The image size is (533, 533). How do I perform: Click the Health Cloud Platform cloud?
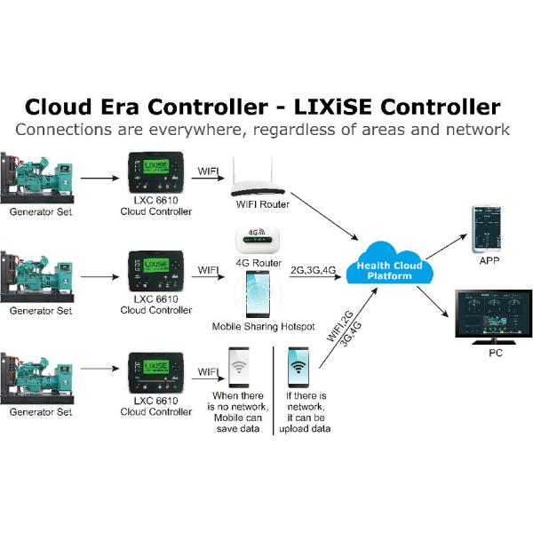pyautogui.click(x=390, y=264)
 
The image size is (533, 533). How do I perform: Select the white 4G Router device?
pyautogui.click(x=258, y=240)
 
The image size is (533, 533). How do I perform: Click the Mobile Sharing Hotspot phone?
pyautogui.click(x=258, y=294)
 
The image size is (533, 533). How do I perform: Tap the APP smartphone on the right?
pyautogui.click(x=487, y=229)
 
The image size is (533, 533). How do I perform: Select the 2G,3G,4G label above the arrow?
pyautogui.click(x=313, y=270)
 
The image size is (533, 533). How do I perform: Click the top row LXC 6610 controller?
pyautogui.click(x=156, y=172)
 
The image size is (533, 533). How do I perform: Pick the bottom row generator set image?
pyautogui.click(x=36, y=378)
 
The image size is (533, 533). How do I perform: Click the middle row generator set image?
pyautogui.click(x=36, y=276)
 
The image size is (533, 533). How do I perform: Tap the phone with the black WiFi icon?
pyautogui.click(x=298, y=368)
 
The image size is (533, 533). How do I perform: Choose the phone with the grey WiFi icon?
pyautogui.click(x=239, y=368)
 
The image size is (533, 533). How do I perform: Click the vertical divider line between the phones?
pyautogui.click(x=274, y=391)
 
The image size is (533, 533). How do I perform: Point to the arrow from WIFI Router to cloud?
pyautogui.click(x=324, y=217)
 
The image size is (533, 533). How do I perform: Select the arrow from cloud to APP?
pyautogui.click(x=447, y=246)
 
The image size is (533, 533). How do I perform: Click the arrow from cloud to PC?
pyautogui.click(x=433, y=302)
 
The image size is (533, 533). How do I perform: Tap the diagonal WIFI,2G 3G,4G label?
pyautogui.click(x=344, y=329)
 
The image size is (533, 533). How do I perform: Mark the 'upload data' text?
pyautogui.click(x=305, y=429)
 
